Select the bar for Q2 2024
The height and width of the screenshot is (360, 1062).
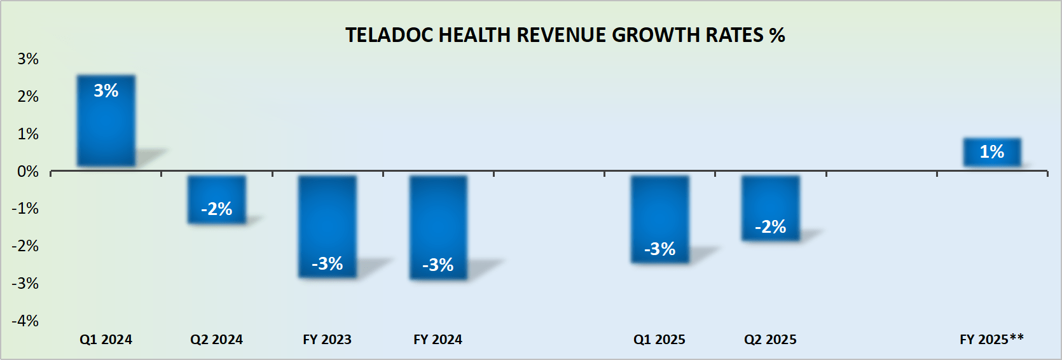[x=216, y=199]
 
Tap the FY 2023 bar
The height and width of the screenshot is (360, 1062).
[x=327, y=226]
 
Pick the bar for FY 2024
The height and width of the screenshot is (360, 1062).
[x=438, y=227]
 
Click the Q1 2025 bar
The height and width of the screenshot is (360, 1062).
[x=659, y=219]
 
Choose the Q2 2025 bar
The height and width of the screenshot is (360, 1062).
[x=770, y=207]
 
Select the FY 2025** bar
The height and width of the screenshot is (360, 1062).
[x=991, y=153]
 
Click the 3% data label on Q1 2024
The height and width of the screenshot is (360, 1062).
[x=106, y=91]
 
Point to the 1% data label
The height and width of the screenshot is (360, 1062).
[x=991, y=152]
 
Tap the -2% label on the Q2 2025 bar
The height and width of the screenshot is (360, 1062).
[x=770, y=227]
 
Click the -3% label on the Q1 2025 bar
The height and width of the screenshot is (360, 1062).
[x=659, y=249]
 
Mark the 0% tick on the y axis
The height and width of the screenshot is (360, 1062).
[x=28, y=172]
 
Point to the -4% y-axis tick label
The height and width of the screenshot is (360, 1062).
[x=25, y=321]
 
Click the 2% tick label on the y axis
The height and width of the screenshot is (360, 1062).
[x=28, y=97]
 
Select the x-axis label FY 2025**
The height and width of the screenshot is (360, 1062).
[x=991, y=339]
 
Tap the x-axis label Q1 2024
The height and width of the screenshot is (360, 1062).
[x=106, y=340]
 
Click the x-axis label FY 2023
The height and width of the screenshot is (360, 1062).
[x=327, y=340]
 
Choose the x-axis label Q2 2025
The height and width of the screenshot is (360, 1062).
[x=770, y=340]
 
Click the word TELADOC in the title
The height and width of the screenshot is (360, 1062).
[x=389, y=35]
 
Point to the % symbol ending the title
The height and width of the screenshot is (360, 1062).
[x=776, y=35]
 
